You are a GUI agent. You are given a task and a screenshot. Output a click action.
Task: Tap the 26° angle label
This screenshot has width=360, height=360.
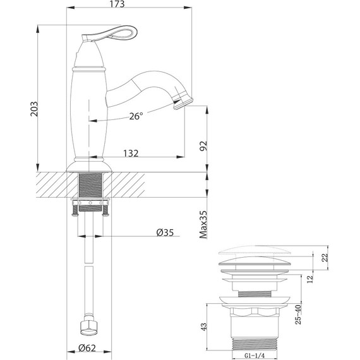[x=136, y=116]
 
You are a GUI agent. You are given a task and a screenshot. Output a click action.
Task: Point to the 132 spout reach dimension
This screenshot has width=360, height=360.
[x=131, y=153]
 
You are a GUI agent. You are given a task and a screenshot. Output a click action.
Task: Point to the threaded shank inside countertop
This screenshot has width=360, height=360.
[x=89, y=186]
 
